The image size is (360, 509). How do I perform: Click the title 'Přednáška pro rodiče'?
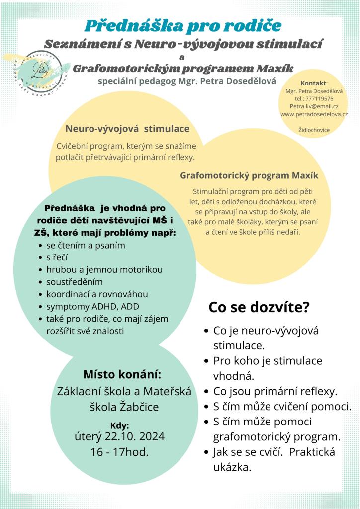[183, 25]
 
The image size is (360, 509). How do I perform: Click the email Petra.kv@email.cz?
[314, 106]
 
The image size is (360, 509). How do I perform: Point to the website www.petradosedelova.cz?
[314, 114]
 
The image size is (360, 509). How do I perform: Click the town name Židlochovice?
[314, 130]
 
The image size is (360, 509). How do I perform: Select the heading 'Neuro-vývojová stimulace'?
[127, 129]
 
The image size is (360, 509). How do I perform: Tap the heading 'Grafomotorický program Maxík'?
[249, 175]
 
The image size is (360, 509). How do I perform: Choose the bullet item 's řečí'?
[57, 257]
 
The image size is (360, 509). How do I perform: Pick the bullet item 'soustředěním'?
[75, 282]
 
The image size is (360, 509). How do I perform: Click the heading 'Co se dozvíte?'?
[259, 307]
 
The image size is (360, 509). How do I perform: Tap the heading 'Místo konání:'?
[122, 374]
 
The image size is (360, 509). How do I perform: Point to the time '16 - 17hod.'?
[119, 452]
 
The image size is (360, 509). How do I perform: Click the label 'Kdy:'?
[119, 425]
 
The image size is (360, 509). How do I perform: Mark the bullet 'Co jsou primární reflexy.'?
[275, 391]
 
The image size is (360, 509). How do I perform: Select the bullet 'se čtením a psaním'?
[86, 246]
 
